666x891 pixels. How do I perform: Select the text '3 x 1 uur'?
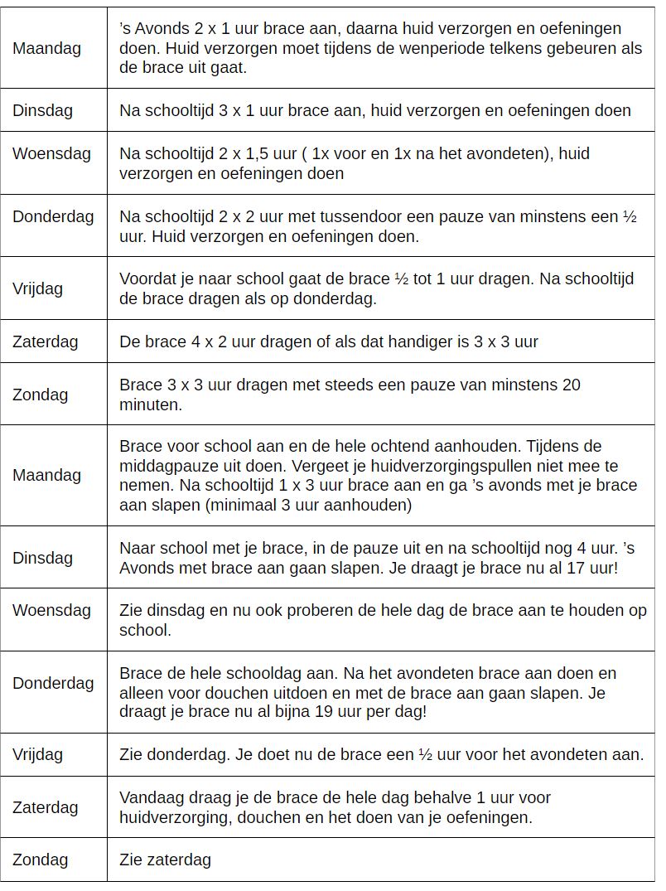point(244,110)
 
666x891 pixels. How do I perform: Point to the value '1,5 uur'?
point(272,153)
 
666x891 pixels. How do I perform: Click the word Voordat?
point(148,278)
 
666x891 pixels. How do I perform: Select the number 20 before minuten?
point(571,385)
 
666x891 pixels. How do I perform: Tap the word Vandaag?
point(152,797)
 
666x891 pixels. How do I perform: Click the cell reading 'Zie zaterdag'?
point(165,860)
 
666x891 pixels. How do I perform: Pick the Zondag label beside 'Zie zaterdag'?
point(40,860)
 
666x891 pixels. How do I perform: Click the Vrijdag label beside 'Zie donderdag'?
point(38,754)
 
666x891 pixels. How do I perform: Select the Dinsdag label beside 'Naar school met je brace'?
point(42,558)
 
